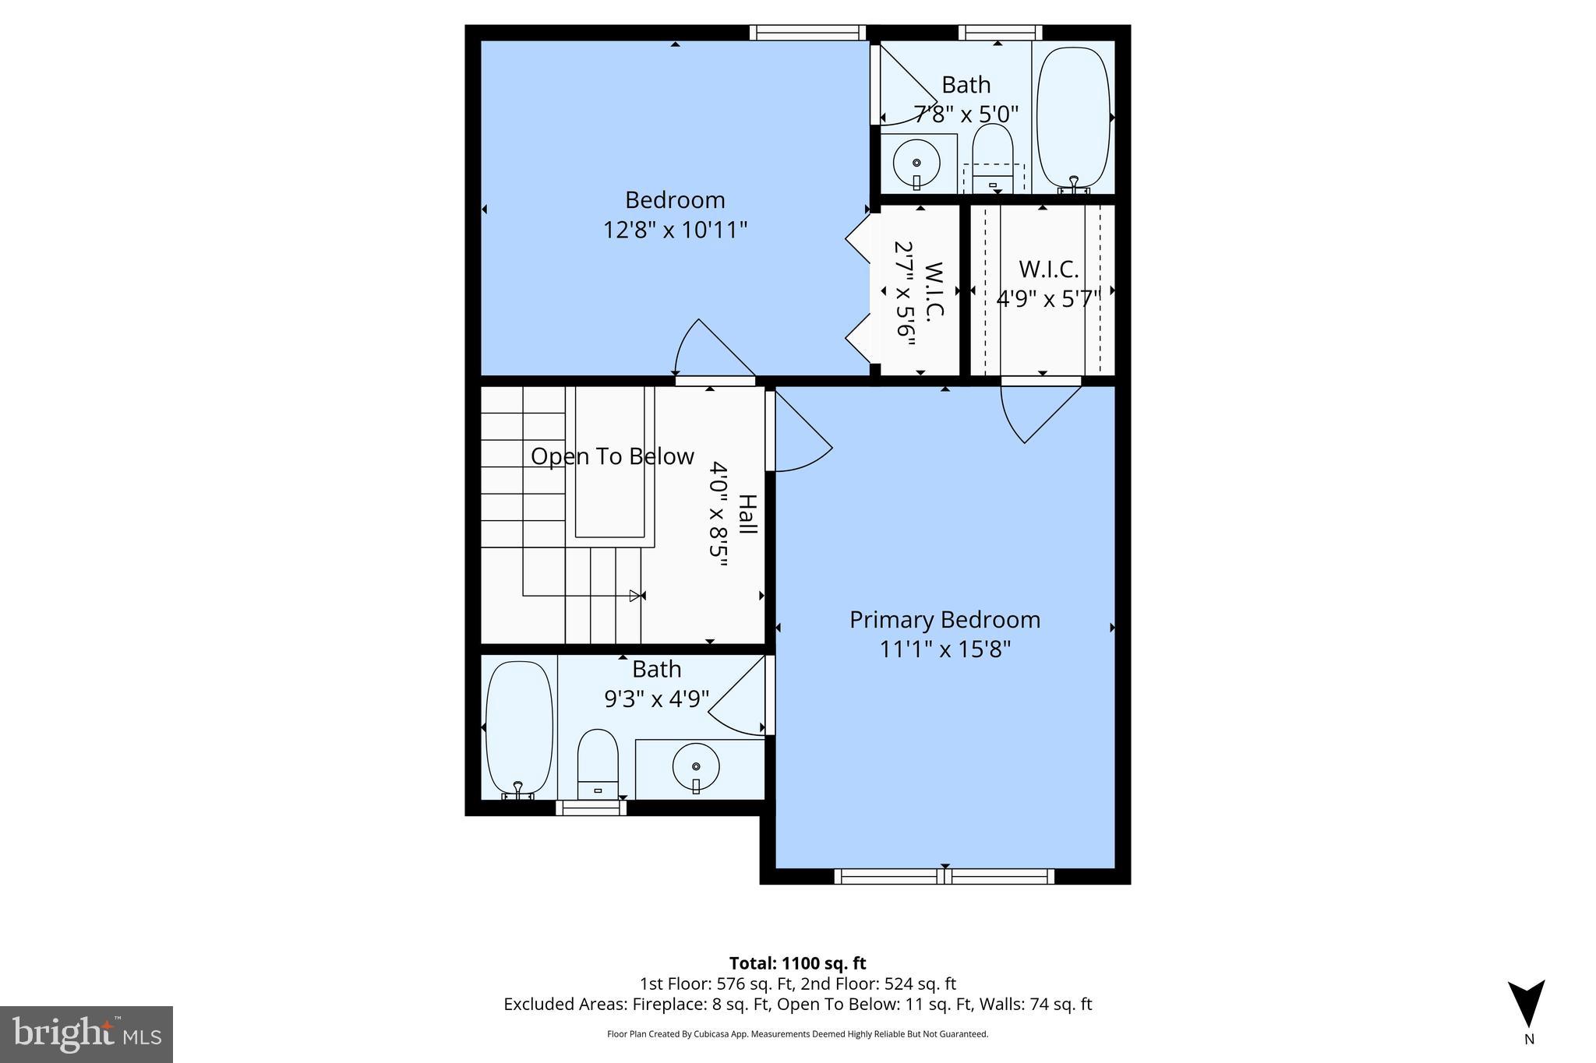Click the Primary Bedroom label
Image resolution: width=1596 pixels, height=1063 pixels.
coord(945,620)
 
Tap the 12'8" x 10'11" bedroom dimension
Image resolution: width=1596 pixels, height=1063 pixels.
coord(675,231)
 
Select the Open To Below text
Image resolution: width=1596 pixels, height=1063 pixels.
coord(613,456)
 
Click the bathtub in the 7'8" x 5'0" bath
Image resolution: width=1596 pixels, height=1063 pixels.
coord(1073,118)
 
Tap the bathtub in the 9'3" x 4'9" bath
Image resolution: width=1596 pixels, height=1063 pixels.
coord(519,727)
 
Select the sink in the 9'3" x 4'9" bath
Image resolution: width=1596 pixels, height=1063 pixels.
coord(696,767)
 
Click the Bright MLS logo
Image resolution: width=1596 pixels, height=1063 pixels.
coord(87,1034)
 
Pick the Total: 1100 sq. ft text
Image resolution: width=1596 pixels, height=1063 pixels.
coord(797,963)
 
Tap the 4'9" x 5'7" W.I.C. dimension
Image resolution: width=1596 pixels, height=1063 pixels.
coord(1048,299)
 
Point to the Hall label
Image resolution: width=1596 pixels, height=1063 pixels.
coord(747,514)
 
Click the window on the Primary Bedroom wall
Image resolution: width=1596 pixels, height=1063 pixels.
coord(945,876)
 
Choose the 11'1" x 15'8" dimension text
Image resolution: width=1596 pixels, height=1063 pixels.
coord(945,649)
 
